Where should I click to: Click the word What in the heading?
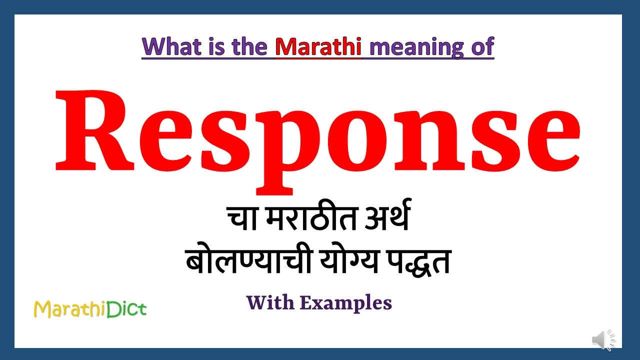[x=170, y=46]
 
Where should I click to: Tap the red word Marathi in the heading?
[x=318, y=46]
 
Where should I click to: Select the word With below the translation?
[x=270, y=302]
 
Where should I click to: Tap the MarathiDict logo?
[x=90, y=309]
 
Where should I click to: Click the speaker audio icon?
[x=604, y=340]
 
